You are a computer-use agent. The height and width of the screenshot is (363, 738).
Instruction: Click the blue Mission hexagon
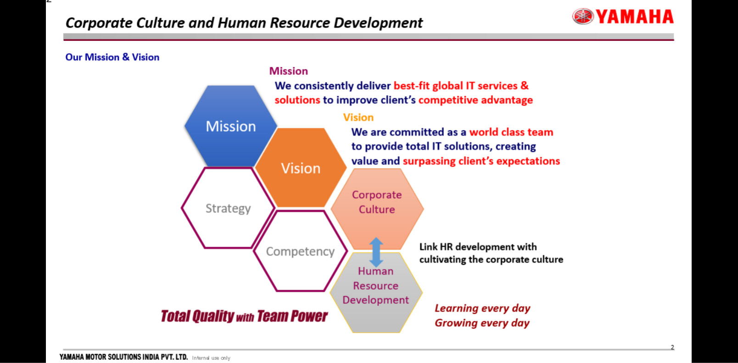tap(230, 126)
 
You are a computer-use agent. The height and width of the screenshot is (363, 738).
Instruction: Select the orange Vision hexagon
tap(301, 167)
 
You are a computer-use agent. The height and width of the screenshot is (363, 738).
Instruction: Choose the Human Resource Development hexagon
tap(376, 292)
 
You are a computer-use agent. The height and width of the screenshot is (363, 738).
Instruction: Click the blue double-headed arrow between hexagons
tap(376, 252)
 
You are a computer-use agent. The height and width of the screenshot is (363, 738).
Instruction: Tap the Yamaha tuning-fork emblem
tap(583, 16)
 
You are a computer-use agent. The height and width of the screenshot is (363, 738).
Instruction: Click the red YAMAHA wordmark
tap(635, 17)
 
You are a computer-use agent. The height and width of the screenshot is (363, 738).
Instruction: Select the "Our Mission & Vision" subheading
tap(112, 57)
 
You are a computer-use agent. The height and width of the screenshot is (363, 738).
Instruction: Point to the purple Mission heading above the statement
tap(289, 71)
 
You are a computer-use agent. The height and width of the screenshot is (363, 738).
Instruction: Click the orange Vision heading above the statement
tap(358, 117)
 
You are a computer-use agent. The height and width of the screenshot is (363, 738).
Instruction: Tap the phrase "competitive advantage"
tap(475, 100)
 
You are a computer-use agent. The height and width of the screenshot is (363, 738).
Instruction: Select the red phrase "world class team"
tap(511, 132)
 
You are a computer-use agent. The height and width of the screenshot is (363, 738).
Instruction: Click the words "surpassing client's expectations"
tap(481, 161)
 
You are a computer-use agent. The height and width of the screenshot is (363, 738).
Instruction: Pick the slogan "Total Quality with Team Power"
tap(244, 316)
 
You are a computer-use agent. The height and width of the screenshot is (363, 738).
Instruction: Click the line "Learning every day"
tap(482, 308)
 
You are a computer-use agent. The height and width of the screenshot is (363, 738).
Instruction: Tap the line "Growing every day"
tap(482, 323)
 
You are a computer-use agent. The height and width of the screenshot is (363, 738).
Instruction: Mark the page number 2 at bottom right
tap(672, 347)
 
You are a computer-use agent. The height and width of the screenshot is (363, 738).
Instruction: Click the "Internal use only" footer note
tap(211, 358)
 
